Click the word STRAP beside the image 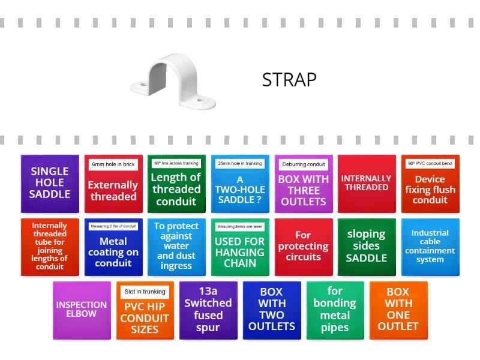pyautogui.click(x=289, y=80)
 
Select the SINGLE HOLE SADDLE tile pyautogui.click(x=50, y=183)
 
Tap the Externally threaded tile pyautogui.click(x=113, y=190)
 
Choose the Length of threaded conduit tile pyautogui.click(x=176, y=189)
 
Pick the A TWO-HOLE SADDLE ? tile pyautogui.click(x=240, y=190)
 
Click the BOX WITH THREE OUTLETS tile pyautogui.click(x=304, y=190)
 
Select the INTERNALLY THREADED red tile pyautogui.click(x=366, y=183)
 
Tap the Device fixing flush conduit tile pyautogui.click(x=430, y=190)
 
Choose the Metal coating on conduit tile pyautogui.click(x=113, y=253)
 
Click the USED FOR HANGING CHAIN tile pyautogui.click(x=240, y=253)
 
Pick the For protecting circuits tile pyautogui.click(x=304, y=247)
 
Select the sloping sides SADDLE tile pyautogui.click(x=366, y=247)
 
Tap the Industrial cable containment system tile pyautogui.click(x=430, y=247)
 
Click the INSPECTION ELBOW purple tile pyautogui.click(x=82, y=310)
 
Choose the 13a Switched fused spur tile pyautogui.click(x=208, y=310)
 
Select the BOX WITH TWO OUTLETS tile pyautogui.click(x=272, y=310)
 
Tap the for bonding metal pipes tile pyautogui.click(x=335, y=310)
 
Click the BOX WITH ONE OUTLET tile pyautogui.click(x=398, y=310)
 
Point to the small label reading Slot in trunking pyautogui.click(x=145, y=292)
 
